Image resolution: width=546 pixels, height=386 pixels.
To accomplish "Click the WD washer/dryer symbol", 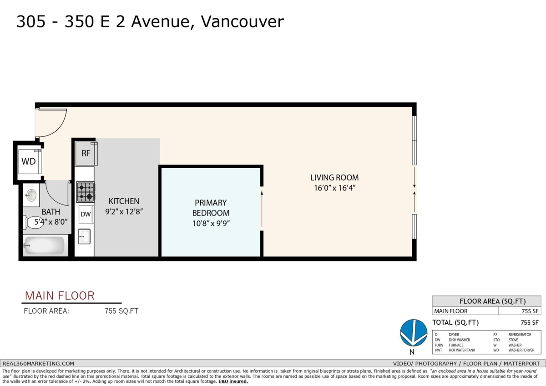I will [29, 161].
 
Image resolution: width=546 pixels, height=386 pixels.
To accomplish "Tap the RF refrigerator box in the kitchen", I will [86, 153].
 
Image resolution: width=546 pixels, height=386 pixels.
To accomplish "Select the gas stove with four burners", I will [86, 191].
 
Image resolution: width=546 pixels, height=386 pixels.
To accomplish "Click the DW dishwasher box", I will [86, 214].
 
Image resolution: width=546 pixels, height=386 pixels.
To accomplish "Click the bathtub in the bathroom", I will [44, 246].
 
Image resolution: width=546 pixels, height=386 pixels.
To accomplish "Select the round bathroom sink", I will [31, 196].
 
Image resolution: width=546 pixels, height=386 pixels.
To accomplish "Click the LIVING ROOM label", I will [334, 178].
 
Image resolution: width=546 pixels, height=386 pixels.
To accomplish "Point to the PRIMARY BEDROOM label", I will [211, 207].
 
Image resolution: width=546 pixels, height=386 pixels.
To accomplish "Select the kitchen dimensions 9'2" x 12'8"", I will [124, 211].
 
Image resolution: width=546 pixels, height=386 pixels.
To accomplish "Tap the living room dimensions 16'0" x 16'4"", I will [334, 188].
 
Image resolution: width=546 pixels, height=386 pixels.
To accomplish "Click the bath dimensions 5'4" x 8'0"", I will [51, 222].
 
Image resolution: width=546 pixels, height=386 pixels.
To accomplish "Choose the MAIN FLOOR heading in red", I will [60, 296].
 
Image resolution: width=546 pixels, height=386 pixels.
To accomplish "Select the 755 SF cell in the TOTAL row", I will [529, 322].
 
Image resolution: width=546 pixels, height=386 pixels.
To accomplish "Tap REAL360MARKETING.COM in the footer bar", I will [39, 364].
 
